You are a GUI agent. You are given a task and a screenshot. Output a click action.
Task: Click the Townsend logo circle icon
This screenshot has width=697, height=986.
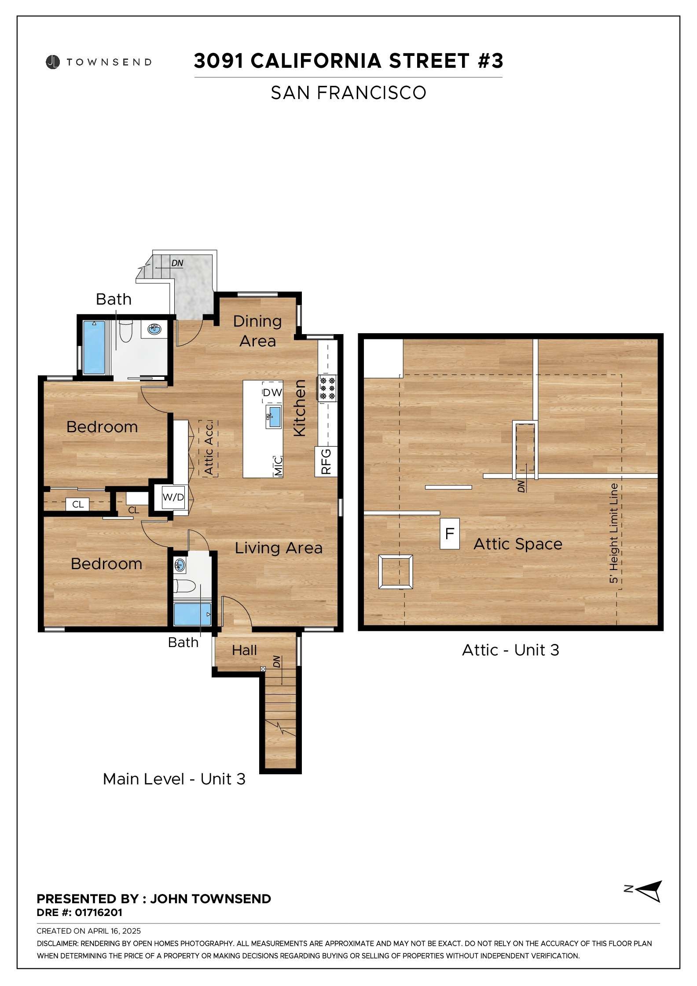52,62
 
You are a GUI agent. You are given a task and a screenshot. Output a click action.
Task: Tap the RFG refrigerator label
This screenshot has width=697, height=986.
326,461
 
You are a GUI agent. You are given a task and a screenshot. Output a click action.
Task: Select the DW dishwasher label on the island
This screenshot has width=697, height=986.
272,393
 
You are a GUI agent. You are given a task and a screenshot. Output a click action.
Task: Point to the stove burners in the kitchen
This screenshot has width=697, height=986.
327,388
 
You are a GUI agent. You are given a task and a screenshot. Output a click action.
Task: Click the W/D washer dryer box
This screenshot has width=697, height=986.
173,497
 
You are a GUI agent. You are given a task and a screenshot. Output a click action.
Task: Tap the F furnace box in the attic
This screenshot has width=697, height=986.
450,533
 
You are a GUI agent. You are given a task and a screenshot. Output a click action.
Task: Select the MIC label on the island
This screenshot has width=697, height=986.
278,466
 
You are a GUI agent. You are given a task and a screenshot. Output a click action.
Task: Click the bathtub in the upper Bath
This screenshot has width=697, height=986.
94,348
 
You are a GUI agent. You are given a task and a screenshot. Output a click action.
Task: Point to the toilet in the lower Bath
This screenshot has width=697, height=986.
185,586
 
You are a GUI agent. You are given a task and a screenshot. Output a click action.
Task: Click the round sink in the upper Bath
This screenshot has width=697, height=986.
154,328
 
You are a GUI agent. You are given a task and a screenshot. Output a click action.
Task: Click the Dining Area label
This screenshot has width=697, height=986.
257,331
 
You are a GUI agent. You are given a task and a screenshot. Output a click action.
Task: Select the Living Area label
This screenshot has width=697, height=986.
279,548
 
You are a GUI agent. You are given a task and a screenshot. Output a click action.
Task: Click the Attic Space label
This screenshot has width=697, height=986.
518,545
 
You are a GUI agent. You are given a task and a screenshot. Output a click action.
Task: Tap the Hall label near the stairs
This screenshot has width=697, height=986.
244,650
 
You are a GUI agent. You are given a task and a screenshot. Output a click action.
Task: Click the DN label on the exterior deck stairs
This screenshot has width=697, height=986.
177,263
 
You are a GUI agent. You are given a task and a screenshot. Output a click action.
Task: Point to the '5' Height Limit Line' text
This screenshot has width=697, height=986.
614,533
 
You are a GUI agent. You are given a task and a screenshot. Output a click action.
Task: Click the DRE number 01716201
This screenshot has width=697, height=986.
99,912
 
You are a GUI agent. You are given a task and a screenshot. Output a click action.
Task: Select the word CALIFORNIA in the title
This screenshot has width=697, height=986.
316,61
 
